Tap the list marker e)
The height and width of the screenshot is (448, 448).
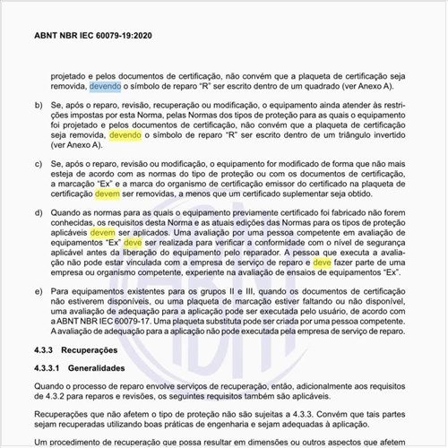click(38, 291)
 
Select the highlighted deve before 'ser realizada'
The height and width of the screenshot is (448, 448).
click(134, 243)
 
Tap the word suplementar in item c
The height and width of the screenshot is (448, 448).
click(330, 194)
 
